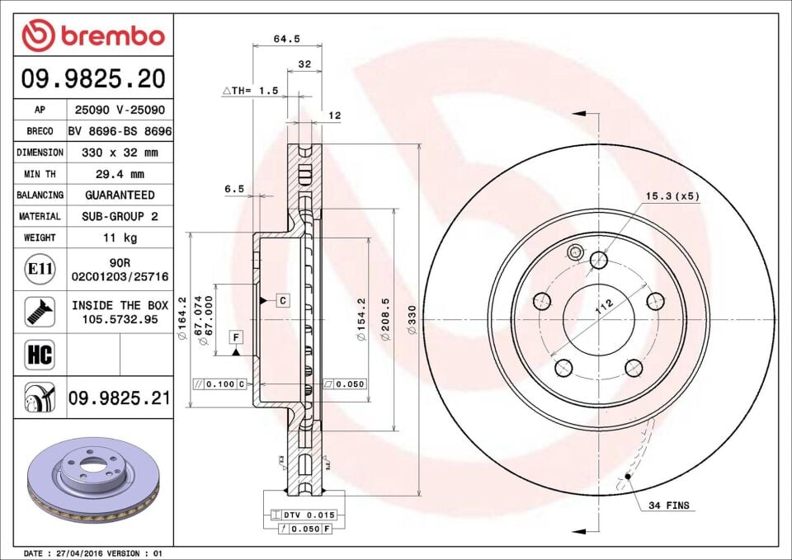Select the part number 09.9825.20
[x=93, y=79]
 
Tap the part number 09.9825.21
[x=120, y=398]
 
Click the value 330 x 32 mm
[x=121, y=153]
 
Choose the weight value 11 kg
[x=121, y=238]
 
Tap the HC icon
[x=40, y=355]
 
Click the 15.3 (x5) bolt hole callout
[x=672, y=196]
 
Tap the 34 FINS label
[x=668, y=505]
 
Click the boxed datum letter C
[x=282, y=300]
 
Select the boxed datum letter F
[x=236, y=336]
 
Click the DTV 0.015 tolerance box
[x=303, y=515]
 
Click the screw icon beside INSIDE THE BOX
[x=40, y=312]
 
